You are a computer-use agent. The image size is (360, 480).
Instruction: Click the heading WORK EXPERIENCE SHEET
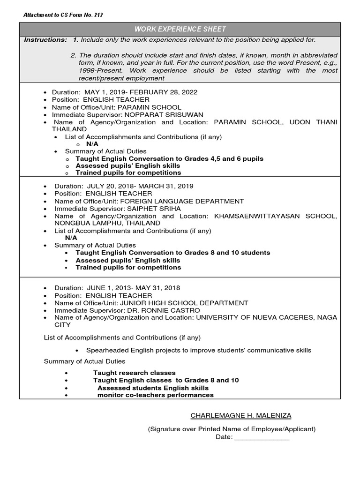[180, 29]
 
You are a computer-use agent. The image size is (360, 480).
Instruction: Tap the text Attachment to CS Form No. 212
[63, 15]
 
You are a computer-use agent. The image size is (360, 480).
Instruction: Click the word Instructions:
[45, 40]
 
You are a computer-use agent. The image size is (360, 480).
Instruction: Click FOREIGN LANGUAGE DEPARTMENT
[182, 201]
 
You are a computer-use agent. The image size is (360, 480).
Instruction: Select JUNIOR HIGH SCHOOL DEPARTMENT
[184, 303]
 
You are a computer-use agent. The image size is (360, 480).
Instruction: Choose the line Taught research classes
[134, 373]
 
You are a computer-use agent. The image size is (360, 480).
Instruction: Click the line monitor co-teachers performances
[155, 395]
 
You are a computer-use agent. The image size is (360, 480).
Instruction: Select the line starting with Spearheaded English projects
[199, 350]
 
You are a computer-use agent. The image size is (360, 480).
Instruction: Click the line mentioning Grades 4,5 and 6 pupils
[169, 158]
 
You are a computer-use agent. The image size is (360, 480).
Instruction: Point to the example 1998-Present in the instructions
[99, 70]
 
